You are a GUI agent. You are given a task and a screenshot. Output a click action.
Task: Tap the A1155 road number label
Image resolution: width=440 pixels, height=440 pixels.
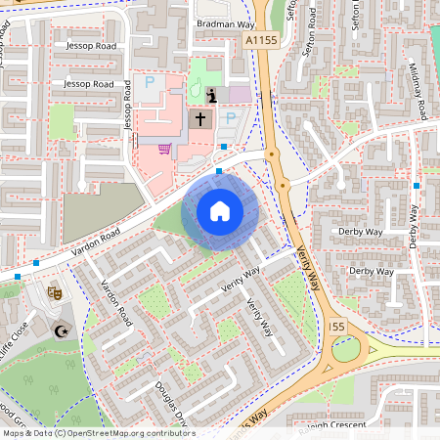[x=261, y=40]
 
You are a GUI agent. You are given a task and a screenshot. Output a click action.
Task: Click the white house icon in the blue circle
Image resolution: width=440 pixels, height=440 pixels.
[x=220, y=211]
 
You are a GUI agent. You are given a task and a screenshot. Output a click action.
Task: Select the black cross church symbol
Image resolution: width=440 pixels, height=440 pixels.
[x=200, y=119]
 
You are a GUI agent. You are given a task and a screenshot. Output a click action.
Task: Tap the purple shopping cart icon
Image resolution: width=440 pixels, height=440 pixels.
[x=164, y=150]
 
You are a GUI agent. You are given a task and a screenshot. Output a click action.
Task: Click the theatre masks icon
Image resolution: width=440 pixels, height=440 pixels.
[x=55, y=290]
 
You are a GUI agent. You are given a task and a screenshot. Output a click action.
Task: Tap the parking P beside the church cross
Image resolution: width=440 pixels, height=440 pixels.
[x=231, y=118]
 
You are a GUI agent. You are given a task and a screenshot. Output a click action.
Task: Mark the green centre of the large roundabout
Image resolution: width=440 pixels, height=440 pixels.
[x=346, y=349]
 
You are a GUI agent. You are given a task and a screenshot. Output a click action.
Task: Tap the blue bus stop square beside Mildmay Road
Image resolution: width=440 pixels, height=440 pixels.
[x=417, y=185]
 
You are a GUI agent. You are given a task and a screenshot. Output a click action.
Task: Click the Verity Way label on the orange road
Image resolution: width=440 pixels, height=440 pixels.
[x=309, y=268]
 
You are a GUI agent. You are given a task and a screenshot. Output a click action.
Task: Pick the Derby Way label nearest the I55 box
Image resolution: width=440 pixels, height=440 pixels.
[x=371, y=271]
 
